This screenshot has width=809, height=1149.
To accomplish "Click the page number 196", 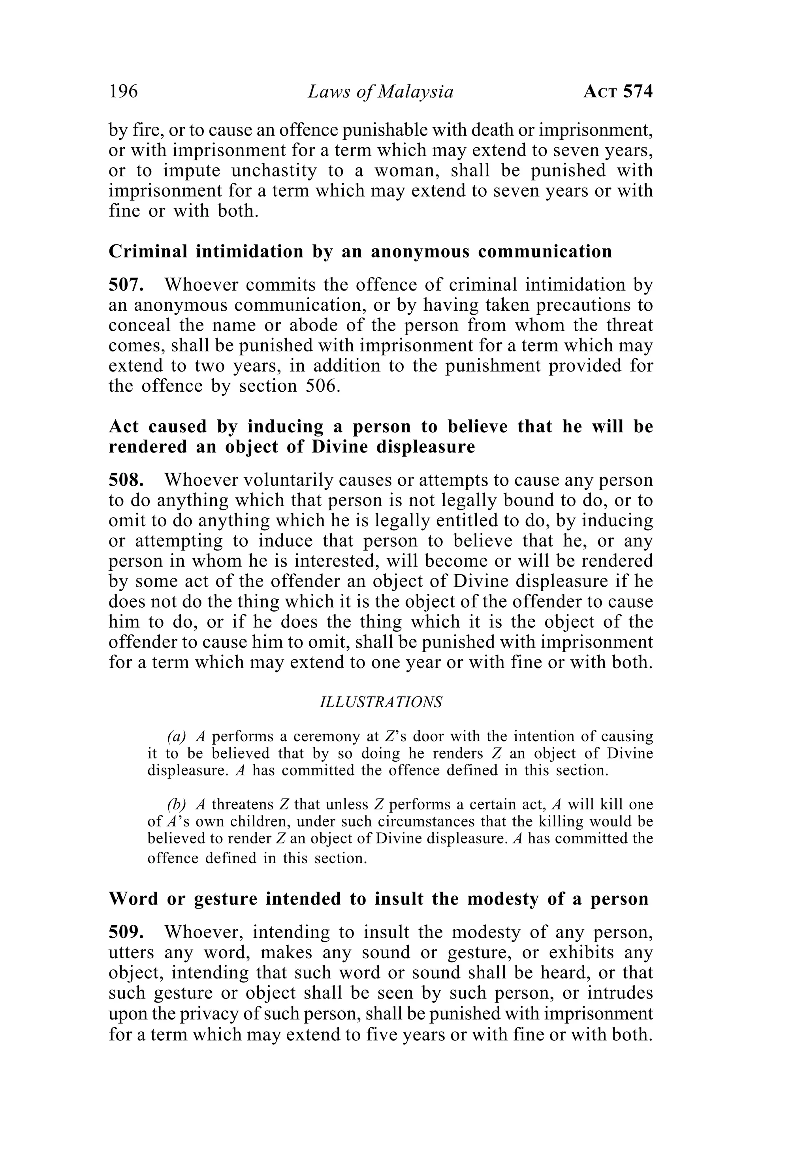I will click(x=123, y=92).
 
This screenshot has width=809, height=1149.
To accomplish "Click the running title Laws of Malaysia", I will click(x=380, y=92).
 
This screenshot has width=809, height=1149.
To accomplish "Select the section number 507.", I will click(x=126, y=285).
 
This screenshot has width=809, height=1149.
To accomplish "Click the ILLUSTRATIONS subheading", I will click(x=380, y=702).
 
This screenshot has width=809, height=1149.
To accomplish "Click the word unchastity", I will click(x=274, y=171).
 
